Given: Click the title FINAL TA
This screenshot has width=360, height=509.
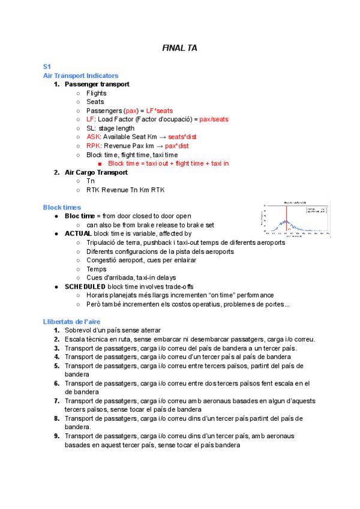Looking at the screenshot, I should (x=179, y=47).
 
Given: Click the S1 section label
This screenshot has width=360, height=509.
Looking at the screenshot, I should (x=47, y=67).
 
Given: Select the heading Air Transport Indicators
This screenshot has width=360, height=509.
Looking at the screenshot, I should (x=80, y=76).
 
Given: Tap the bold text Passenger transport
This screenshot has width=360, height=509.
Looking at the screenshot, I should (x=97, y=85).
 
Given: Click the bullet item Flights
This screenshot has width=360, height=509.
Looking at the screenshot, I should (x=96, y=93).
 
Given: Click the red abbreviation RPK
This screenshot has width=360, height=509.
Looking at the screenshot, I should (x=93, y=146).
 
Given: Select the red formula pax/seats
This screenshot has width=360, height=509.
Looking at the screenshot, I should (x=214, y=119).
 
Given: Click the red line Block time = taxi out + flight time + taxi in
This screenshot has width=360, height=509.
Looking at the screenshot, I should (x=168, y=163).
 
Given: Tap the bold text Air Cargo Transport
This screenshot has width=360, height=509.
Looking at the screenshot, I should (x=96, y=172).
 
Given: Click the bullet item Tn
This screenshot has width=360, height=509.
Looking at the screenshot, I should (x=91, y=181).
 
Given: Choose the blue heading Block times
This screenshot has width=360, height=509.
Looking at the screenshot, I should (x=62, y=208).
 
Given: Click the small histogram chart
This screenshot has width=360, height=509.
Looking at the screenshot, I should (x=296, y=220).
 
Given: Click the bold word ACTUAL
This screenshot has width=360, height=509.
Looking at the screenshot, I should (x=78, y=233).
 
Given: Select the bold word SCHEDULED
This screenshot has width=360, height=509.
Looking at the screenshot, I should (x=85, y=286).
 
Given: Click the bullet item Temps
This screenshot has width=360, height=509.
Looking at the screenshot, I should (x=96, y=269).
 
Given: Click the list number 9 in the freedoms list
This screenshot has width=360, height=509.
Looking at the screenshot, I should (x=56, y=436).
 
